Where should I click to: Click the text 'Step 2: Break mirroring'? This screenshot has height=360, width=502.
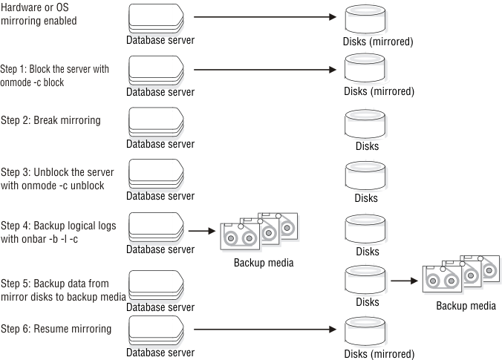50,120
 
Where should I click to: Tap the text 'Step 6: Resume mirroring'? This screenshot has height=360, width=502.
56,328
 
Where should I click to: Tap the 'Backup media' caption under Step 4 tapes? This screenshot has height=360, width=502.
264,263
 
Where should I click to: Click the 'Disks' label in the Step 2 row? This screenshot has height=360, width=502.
367,146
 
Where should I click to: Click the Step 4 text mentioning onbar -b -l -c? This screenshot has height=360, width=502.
57,231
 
